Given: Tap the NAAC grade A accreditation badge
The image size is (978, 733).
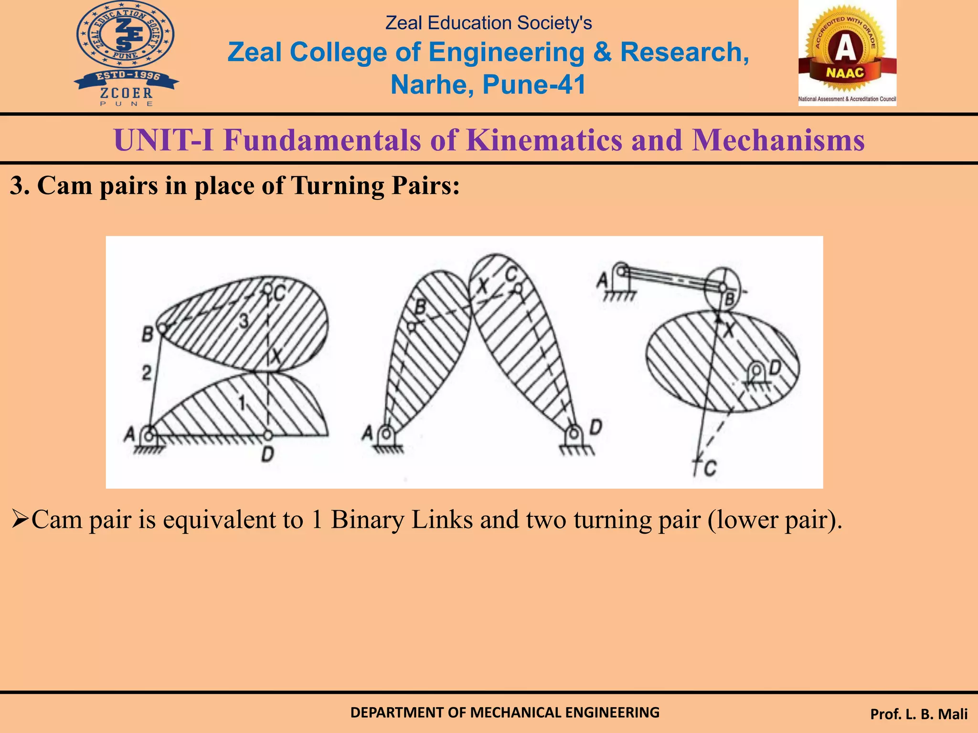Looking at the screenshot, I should [x=847, y=52].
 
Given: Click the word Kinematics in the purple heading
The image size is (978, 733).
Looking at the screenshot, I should [x=544, y=140].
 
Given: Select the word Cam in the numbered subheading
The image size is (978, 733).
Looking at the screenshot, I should [x=64, y=186].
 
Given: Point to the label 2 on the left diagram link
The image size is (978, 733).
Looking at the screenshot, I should [x=147, y=372].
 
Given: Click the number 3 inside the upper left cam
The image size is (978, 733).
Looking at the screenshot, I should [x=244, y=321].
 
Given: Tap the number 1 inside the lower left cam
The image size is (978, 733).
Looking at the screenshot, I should [x=243, y=403].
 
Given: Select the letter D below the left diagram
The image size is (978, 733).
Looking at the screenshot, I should [x=267, y=454].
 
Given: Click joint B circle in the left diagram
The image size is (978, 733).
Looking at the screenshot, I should [x=162, y=328].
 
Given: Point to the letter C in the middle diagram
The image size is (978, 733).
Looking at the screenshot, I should [x=511, y=275].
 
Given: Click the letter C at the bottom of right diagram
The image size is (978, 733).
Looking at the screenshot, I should [x=710, y=468].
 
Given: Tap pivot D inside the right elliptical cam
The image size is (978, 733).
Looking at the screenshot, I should [x=756, y=370].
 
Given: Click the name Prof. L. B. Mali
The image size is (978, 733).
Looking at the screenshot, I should [x=919, y=714].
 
